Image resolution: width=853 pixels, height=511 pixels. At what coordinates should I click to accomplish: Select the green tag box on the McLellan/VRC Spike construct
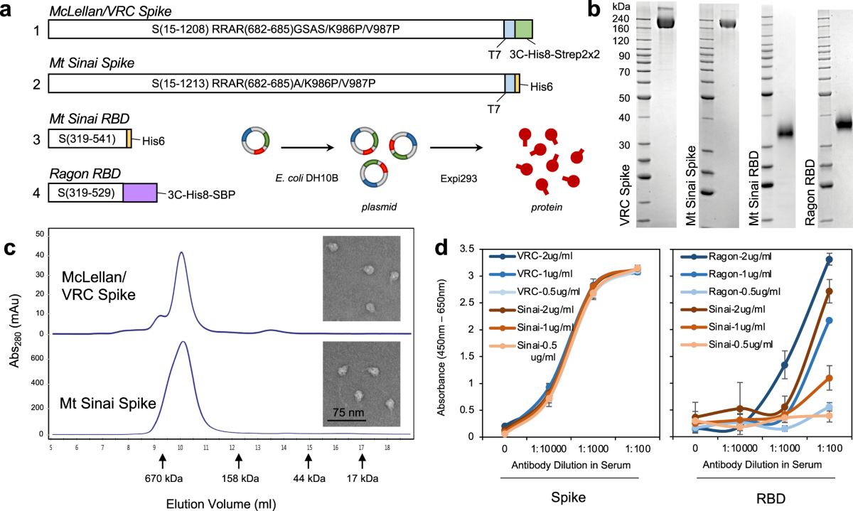(x=524, y=28)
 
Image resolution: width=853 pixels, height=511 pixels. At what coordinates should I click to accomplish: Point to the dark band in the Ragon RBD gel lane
(x=844, y=124)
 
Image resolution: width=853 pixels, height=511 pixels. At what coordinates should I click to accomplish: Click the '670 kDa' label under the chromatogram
(x=163, y=478)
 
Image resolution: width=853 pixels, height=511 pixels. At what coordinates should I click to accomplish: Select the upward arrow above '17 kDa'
(x=363, y=463)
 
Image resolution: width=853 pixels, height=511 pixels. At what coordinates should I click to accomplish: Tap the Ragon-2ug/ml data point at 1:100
(x=829, y=259)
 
